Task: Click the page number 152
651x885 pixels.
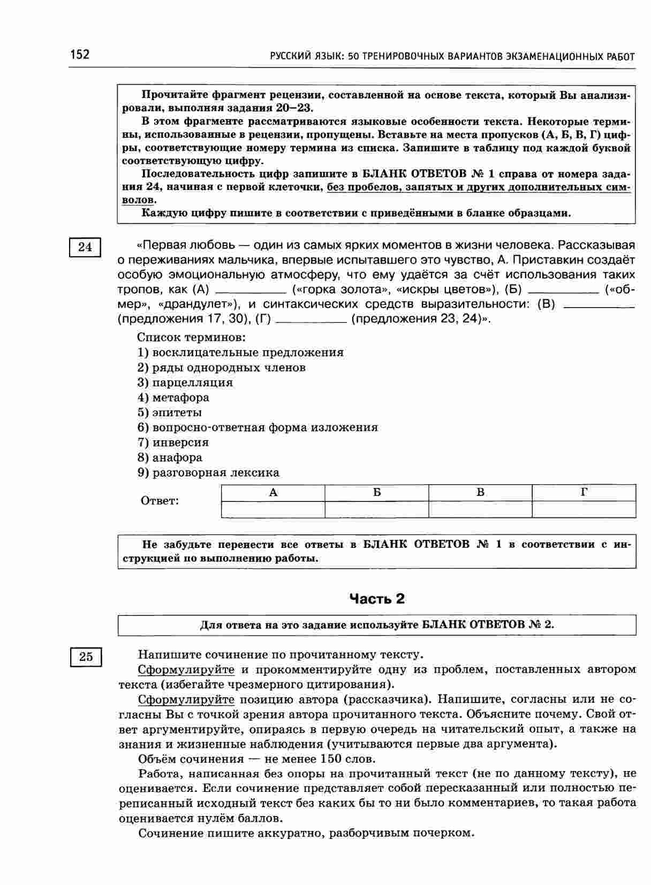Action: coord(79,55)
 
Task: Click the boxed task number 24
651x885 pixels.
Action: coord(85,247)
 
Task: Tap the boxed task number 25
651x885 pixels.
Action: coord(86,657)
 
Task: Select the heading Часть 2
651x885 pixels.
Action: coord(377,599)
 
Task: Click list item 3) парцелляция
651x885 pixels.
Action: coord(185,383)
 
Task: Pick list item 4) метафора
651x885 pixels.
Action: coord(173,398)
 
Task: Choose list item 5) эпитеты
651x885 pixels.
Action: coord(170,413)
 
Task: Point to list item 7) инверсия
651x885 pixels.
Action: coord(173,442)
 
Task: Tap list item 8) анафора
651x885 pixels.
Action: coord(170,457)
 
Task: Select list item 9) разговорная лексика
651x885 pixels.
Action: coord(208,472)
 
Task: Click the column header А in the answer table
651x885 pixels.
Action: coord(273,493)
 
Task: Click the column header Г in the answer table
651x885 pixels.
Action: coord(584,493)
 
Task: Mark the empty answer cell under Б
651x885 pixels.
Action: coord(377,509)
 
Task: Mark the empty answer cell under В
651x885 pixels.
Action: coord(480,509)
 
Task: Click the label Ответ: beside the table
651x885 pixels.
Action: coord(160,501)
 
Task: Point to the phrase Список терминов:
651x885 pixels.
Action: coord(191,338)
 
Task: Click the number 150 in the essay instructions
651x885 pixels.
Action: coord(331,759)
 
